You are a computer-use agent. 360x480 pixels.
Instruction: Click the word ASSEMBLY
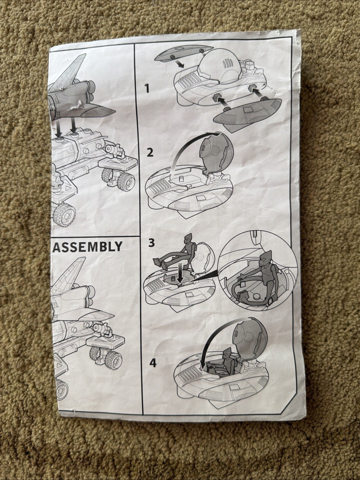[x=87, y=246]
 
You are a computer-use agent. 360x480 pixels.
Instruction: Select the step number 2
[x=150, y=152]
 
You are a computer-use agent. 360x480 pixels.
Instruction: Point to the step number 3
[x=152, y=243]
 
